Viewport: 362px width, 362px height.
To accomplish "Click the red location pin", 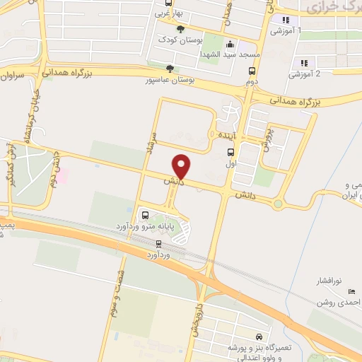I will click(x=182, y=167).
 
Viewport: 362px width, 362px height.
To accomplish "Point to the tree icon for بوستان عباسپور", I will click(x=168, y=69).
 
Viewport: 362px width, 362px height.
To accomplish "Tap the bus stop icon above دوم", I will click(x=252, y=71).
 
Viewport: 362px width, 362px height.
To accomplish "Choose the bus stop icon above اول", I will click(x=231, y=152).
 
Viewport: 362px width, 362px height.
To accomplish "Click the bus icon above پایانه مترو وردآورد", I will click(x=145, y=215).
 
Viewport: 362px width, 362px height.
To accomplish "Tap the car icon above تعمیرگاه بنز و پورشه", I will click(x=259, y=337).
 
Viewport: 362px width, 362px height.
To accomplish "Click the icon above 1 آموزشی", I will click(x=286, y=21).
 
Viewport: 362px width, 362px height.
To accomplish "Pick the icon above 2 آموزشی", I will click(x=305, y=63).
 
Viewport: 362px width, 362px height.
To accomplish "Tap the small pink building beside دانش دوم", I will click(x=61, y=173).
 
